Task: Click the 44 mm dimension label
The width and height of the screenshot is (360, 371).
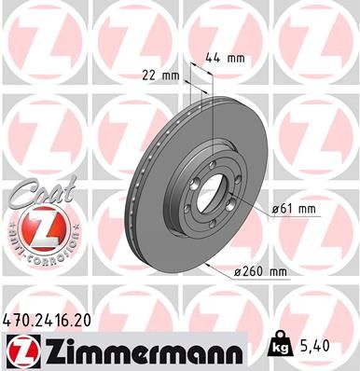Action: point(228,59)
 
